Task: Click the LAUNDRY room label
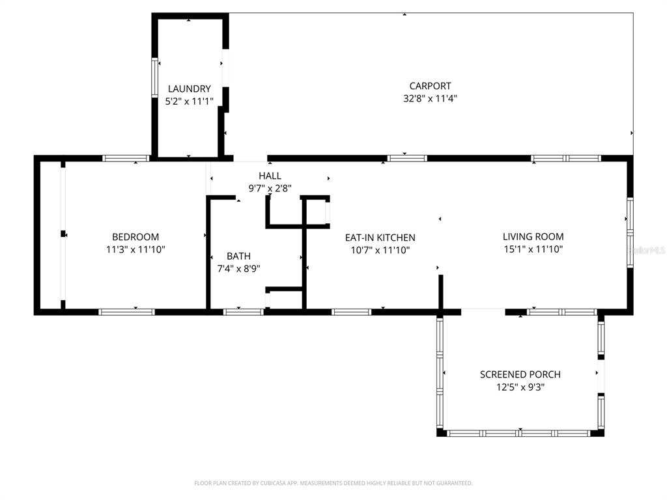pyautogui.click(x=189, y=89)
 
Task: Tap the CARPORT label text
pyautogui.click(x=430, y=86)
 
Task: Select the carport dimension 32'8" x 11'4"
pyautogui.click(x=430, y=99)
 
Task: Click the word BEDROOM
pyautogui.click(x=135, y=237)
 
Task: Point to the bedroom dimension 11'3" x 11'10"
pyautogui.click(x=135, y=249)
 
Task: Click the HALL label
pyautogui.click(x=270, y=176)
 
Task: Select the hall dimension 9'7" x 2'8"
pyautogui.click(x=270, y=188)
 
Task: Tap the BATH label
pyautogui.click(x=238, y=256)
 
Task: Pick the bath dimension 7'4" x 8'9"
pyautogui.click(x=238, y=268)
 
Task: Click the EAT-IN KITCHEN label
pyautogui.click(x=380, y=238)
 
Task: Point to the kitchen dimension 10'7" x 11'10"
pyautogui.click(x=380, y=250)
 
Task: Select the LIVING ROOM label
pyautogui.click(x=533, y=236)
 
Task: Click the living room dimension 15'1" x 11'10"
pyautogui.click(x=533, y=249)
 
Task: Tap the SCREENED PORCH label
pyautogui.click(x=520, y=374)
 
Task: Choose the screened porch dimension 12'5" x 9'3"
pyautogui.click(x=520, y=387)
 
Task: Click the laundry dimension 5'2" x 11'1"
pyautogui.click(x=189, y=101)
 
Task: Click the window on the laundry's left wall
pyautogui.click(x=155, y=78)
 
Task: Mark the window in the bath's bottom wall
pyautogui.click(x=243, y=312)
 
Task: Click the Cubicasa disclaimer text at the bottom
pyautogui.click(x=333, y=483)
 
